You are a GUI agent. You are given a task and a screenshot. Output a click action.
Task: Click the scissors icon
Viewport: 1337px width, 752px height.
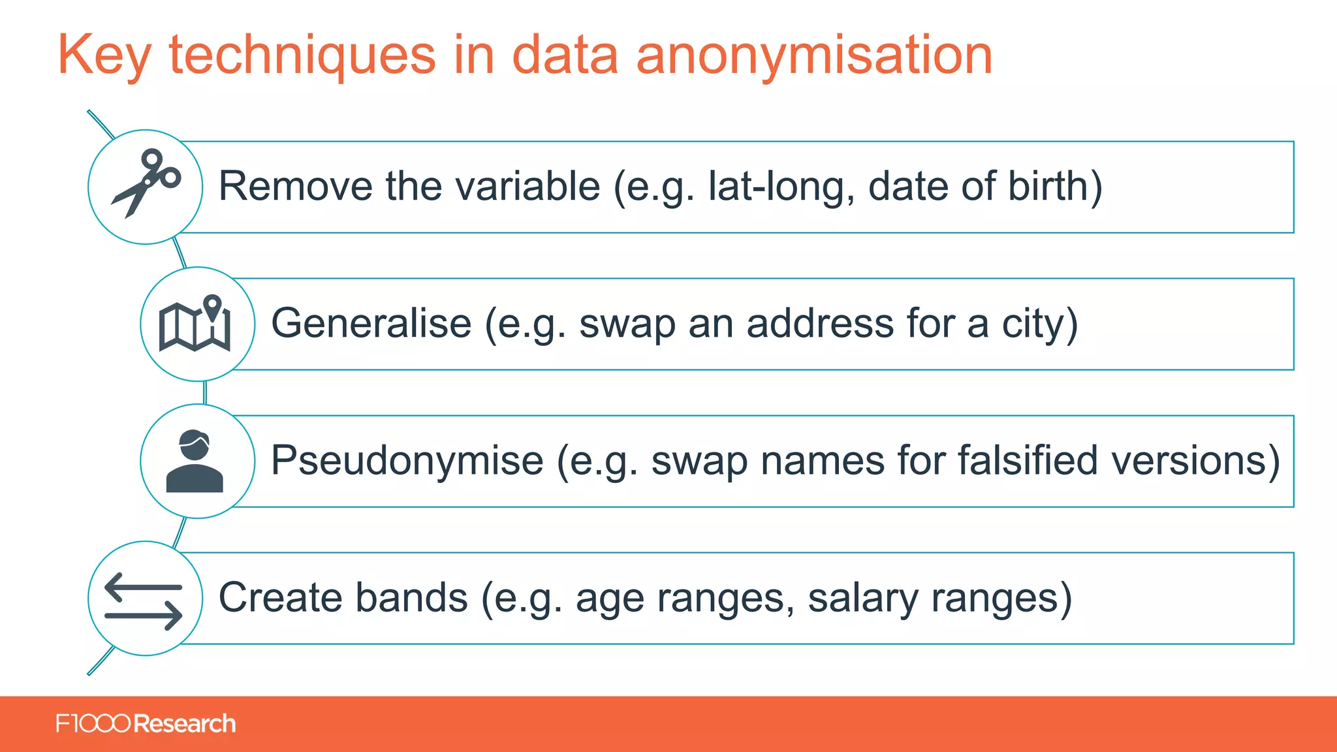[146, 183]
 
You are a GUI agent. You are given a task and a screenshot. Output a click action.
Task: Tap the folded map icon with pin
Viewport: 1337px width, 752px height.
[195, 324]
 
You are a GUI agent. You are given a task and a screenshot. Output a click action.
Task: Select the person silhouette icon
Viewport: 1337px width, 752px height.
[195, 461]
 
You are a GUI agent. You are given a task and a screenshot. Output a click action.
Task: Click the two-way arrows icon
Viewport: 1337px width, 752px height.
[144, 601]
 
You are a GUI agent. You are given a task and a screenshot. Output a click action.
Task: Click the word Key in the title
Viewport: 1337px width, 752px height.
[104, 55]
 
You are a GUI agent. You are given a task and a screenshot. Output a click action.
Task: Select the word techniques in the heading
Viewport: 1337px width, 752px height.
[302, 55]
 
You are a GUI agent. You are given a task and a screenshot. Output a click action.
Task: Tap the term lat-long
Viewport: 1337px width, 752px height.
[781, 187]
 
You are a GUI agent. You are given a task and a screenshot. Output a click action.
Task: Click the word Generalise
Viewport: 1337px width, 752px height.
[371, 324]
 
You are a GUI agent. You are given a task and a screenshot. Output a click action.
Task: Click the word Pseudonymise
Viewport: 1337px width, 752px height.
[407, 461]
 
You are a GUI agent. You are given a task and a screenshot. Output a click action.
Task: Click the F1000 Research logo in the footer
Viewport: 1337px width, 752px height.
[146, 724]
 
